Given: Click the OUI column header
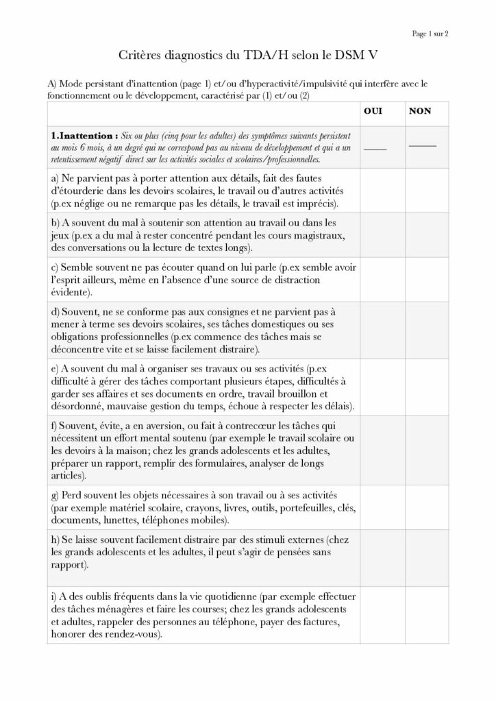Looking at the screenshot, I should (x=373, y=111).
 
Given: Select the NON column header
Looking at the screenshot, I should (x=420, y=111).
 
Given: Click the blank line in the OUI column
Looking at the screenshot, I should (x=375, y=148).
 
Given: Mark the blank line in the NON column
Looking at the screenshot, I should (x=422, y=145).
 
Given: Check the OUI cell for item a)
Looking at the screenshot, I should (x=380, y=190).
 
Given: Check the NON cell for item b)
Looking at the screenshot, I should (x=425, y=235).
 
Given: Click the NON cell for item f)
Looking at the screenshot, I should (x=425, y=449).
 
